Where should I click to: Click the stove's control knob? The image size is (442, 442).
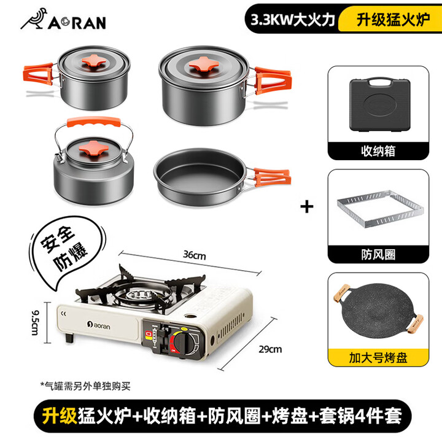tap(180, 341)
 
